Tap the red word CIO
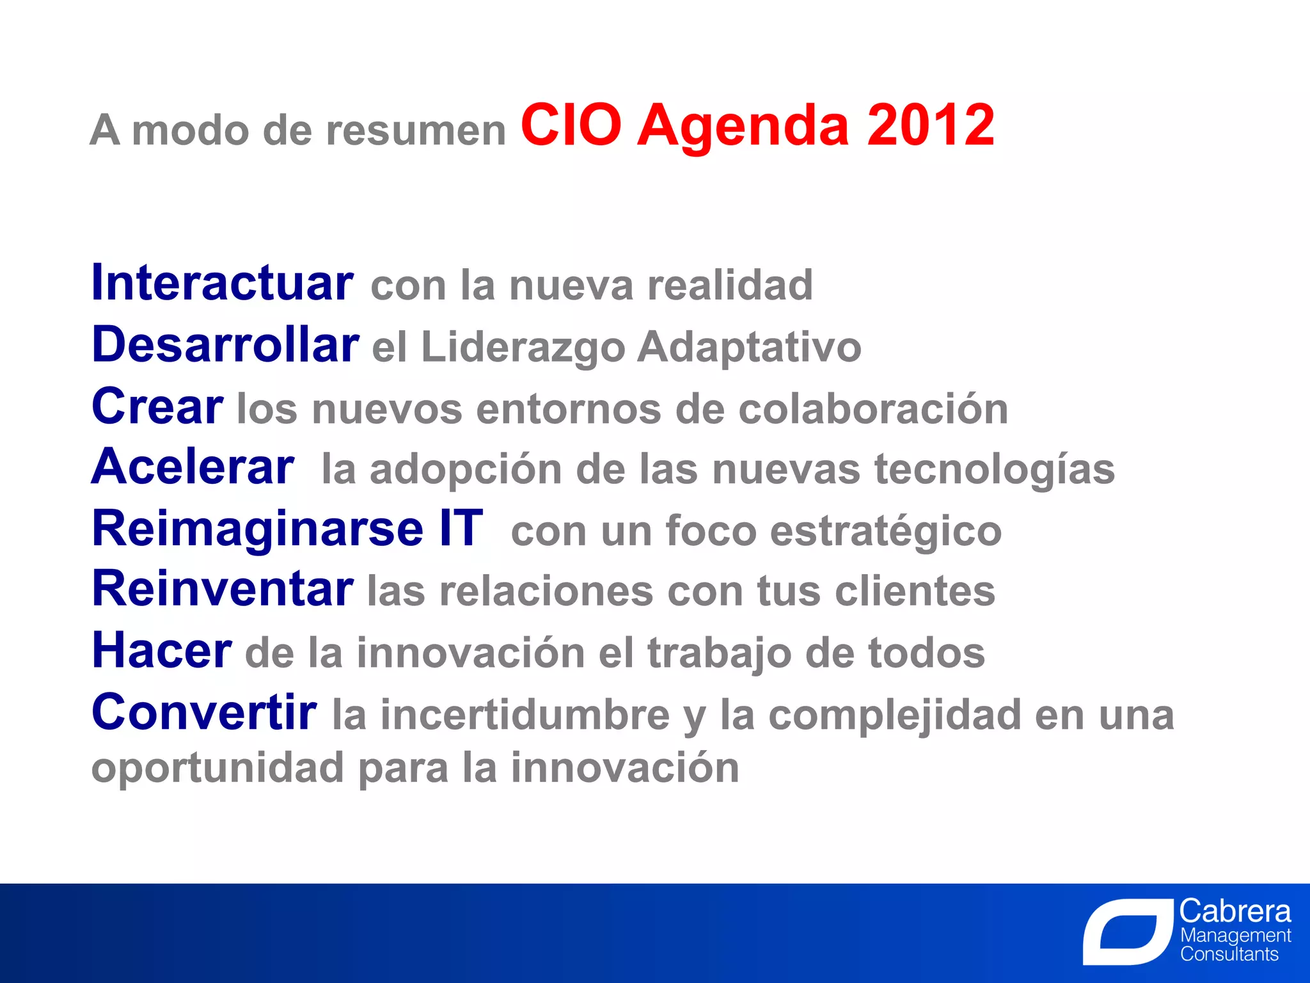571,125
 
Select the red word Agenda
743,128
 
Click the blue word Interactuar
222,283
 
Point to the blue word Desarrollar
225,345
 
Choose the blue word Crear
157,406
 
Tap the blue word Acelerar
193,467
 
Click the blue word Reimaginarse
258,530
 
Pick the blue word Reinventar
223,589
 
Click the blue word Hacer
162,651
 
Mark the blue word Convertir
204,712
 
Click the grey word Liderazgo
523,348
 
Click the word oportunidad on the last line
217,769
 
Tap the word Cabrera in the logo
1235,911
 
